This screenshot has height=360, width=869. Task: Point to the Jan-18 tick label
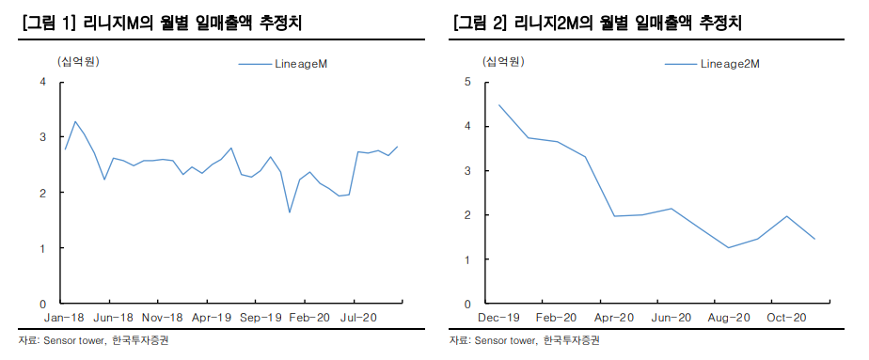64,318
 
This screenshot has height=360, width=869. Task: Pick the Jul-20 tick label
358,318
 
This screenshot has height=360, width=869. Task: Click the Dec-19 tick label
498,318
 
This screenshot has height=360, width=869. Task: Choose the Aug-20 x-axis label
728,318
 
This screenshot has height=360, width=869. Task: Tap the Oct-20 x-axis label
786,318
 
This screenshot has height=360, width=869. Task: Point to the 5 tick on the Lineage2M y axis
467,83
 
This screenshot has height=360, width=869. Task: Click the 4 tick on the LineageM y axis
42,83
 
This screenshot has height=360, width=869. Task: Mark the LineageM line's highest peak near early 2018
75,121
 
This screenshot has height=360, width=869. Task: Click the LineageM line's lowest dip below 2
290,211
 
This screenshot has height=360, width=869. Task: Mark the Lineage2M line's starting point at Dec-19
498,105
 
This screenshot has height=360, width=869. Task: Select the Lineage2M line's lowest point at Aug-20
728,248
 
